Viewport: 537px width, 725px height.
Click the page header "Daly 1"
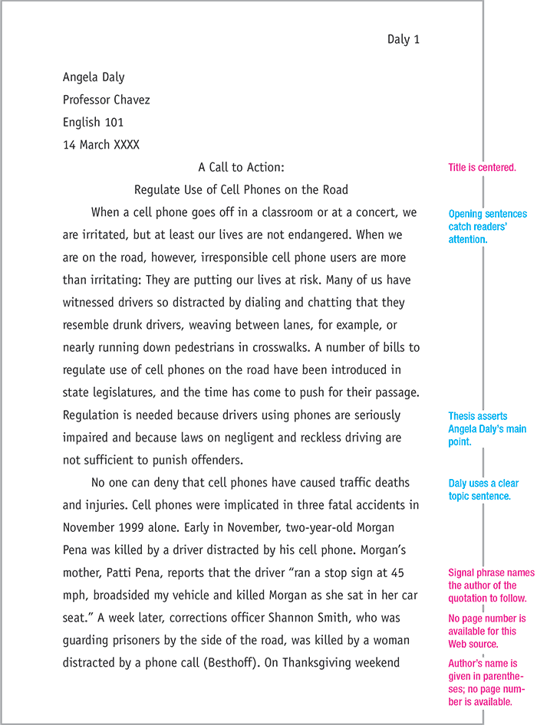[403, 40]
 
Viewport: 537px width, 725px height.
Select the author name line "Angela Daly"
[94, 77]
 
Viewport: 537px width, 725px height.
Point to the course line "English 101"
[93, 122]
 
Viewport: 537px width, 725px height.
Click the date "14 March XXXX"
[101, 144]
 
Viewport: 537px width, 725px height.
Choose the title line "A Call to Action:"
[241, 167]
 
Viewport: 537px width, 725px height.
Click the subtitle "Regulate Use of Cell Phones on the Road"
[241, 189]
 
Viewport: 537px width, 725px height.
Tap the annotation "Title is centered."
[482, 167]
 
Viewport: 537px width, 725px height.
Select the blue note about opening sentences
[487, 227]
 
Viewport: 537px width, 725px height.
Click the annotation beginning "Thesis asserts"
[486, 429]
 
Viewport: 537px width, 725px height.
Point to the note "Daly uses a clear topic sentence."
[483, 490]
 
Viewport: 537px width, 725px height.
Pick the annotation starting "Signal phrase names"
[487, 586]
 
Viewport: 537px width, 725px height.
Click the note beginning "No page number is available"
[486, 631]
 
